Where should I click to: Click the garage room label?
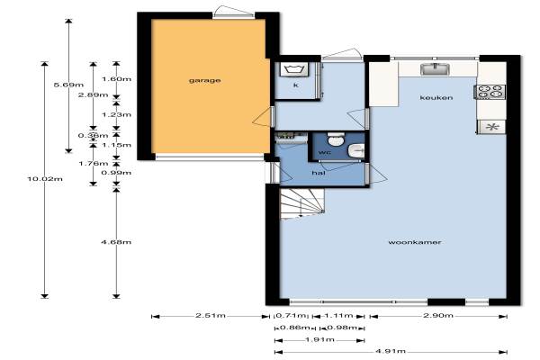(x=204, y=81)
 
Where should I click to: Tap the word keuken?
(x=436, y=98)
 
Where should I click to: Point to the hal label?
(x=319, y=173)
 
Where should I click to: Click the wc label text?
(x=325, y=152)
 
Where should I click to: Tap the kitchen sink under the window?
(x=436, y=69)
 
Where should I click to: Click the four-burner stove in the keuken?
(x=490, y=92)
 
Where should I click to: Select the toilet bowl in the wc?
(x=335, y=139)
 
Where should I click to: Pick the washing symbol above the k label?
(x=295, y=69)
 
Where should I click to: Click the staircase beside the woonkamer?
(x=302, y=204)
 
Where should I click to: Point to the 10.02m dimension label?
(x=45, y=179)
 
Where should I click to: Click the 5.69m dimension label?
(x=69, y=85)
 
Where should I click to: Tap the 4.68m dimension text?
(x=116, y=242)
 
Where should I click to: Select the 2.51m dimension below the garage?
(x=211, y=315)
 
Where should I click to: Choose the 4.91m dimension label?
(x=391, y=351)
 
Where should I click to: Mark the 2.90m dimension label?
(x=438, y=315)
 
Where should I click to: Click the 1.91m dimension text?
(x=319, y=339)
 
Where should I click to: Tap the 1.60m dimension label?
(x=116, y=79)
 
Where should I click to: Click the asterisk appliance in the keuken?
(x=491, y=127)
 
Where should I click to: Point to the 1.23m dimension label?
(x=116, y=114)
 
